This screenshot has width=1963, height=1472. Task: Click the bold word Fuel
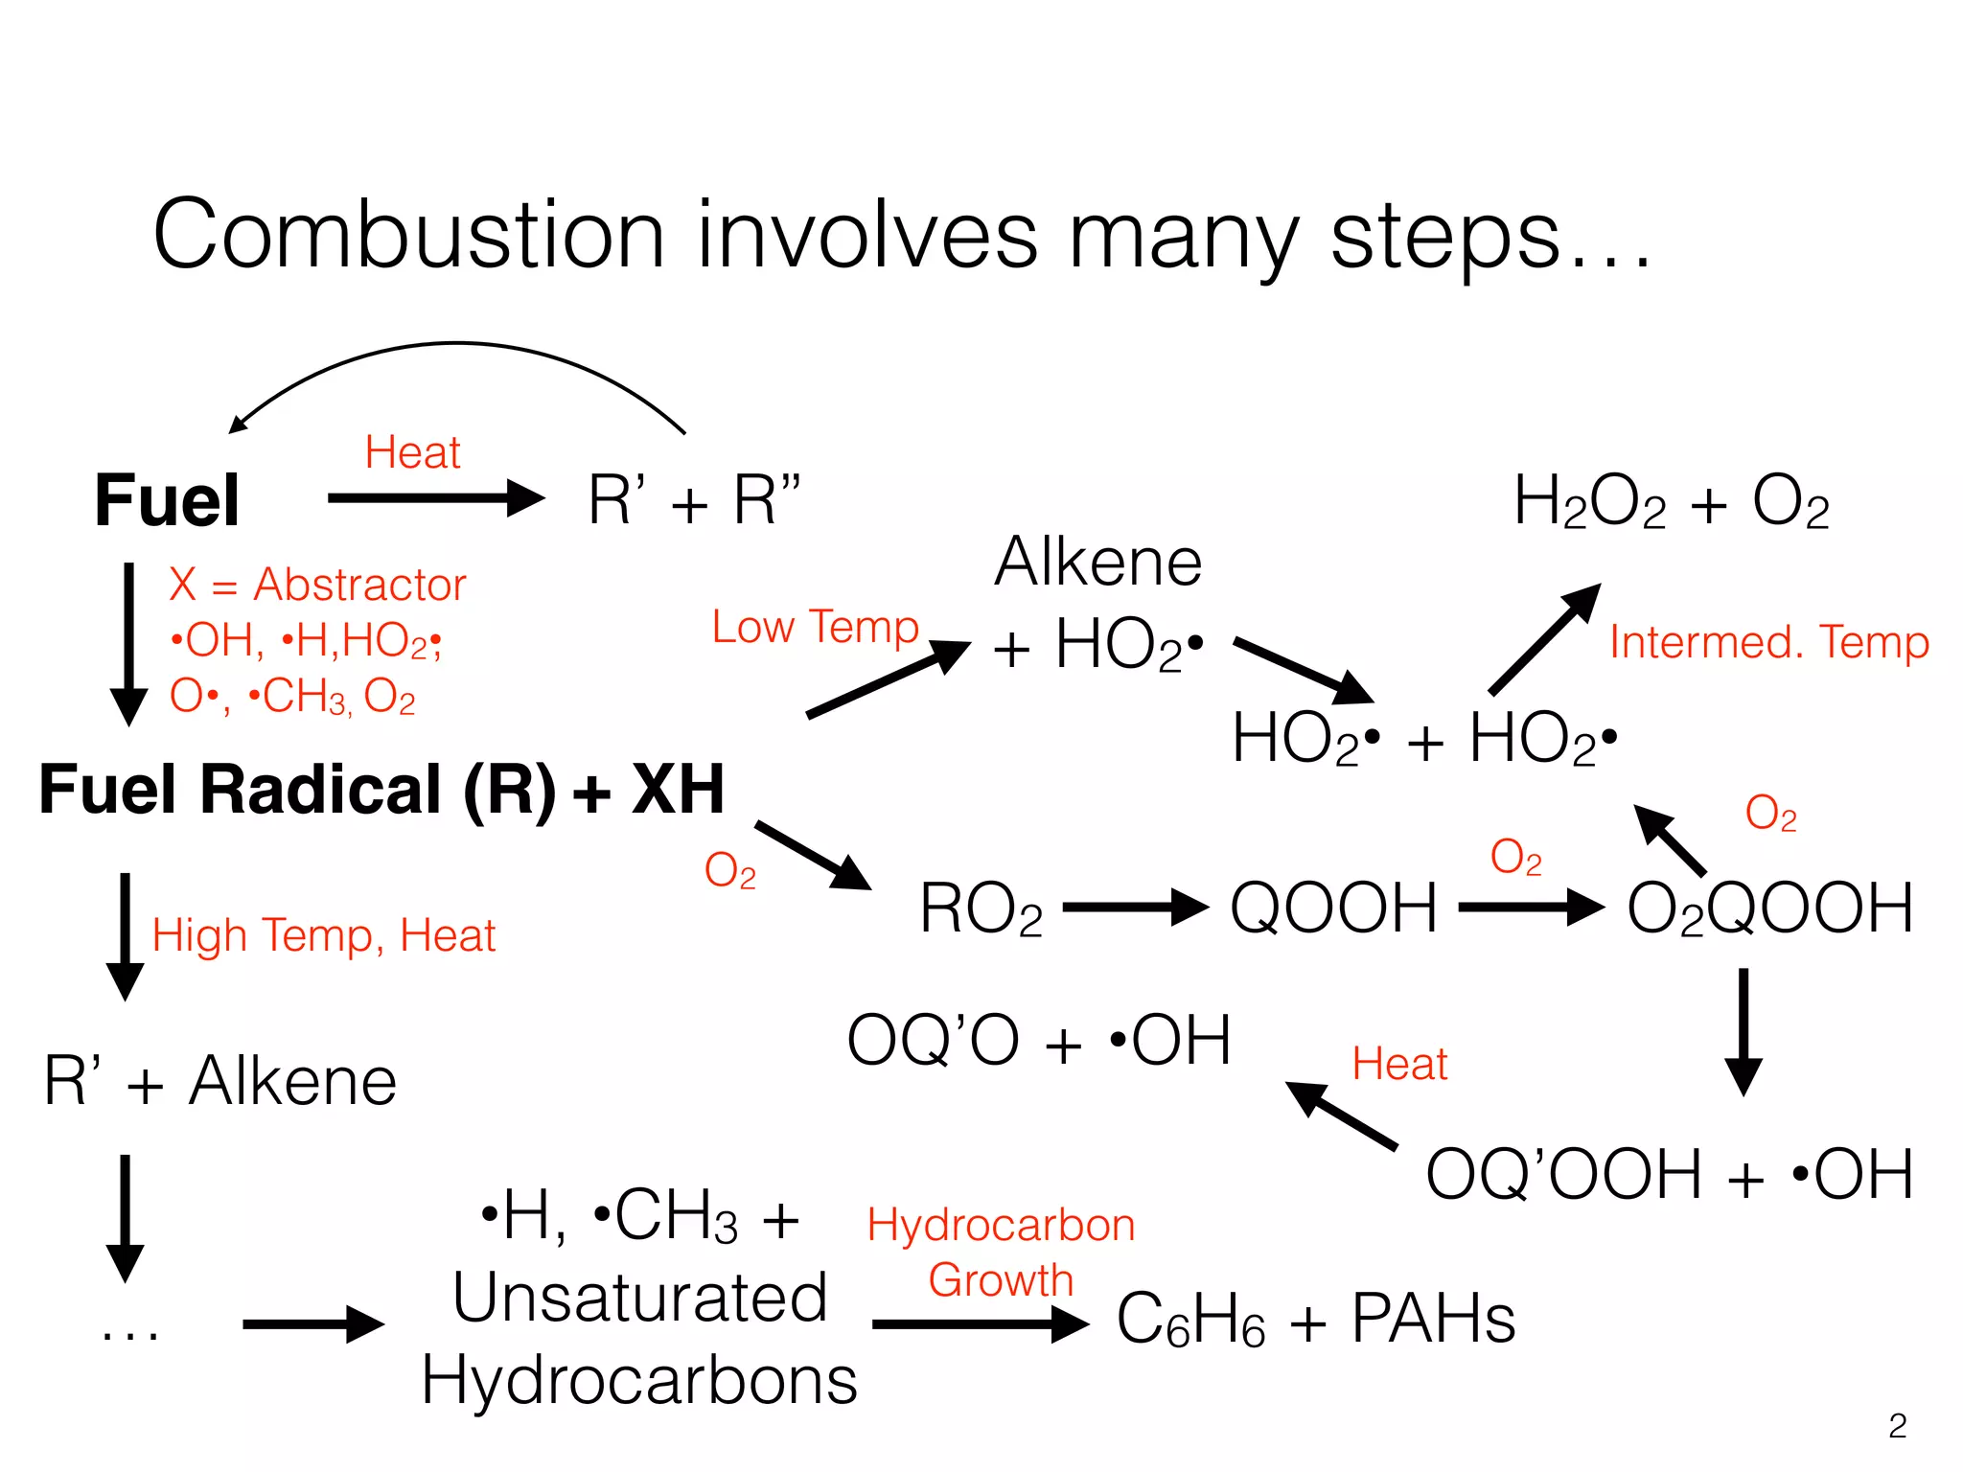click(x=167, y=501)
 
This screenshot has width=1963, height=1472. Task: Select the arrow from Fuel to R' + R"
click(x=436, y=497)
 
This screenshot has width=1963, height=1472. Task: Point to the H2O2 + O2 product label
click(x=1671, y=503)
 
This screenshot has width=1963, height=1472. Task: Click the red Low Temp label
click(x=815, y=628)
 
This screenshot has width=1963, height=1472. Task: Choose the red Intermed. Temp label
click(x=1768, y=642)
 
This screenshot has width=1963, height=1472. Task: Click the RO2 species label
click(x=981, y=908)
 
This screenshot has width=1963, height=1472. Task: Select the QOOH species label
click(x=1333, y=908)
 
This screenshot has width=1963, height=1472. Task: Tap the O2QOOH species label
click(x=1769, y=908)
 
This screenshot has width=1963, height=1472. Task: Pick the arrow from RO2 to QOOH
click(x=1135, y=907)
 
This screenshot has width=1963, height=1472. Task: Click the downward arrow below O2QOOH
click(x=1743, y=1031)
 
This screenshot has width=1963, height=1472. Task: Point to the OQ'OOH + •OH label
click(x=1669, y=1174)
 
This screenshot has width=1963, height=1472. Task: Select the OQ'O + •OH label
click(x=1038, y=1041)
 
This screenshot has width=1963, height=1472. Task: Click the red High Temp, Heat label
click(x=324, y=935)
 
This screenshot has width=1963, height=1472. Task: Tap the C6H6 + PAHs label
click(x=1315, y=1320)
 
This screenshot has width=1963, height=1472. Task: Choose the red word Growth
click(x=1001, y=1280)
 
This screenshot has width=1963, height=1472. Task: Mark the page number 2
click(x=1897, y=1426)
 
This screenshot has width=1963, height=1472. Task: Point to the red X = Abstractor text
click(x=317, y=585)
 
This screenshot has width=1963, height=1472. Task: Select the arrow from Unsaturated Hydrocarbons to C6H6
click(x=980, y=1324)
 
